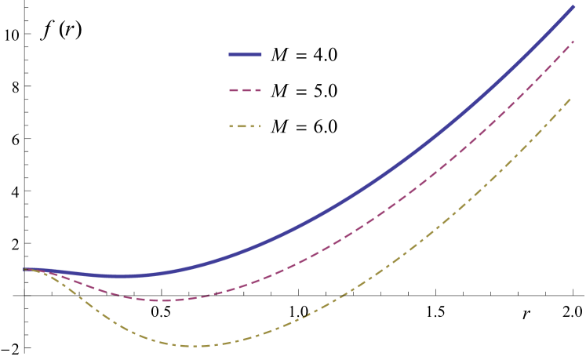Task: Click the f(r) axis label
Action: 60,31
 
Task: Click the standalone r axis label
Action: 526,314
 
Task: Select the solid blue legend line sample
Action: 245,55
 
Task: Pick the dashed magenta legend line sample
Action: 245,90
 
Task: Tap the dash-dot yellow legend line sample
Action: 245,125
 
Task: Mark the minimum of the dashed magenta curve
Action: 161,300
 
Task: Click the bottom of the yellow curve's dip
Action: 196,346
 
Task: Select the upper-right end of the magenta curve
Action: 574,42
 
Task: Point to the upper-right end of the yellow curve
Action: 570,99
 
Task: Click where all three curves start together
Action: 26,269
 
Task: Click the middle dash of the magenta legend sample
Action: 245,90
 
